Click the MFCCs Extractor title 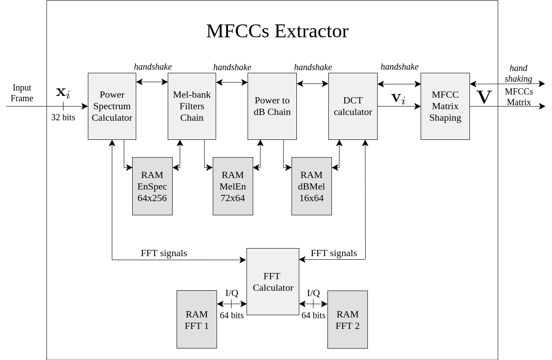click(277, 31)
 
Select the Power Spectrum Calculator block click(112, 106)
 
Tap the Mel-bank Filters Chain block click(192, 106)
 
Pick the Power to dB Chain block click(272, 106)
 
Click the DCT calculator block click(353, 106)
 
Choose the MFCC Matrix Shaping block click(445, 106)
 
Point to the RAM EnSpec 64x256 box click(152, 186)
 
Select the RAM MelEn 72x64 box click(233, 186)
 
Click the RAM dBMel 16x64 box click(311, 186)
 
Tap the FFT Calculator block click(273, 281)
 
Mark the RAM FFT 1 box click(197, 320)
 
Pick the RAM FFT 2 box click(347, 320)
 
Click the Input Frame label click(22, 93)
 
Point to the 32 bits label click(63, 117)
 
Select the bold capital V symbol click(484, 97)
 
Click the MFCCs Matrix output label click(519, 97)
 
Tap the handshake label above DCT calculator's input click(313, 67)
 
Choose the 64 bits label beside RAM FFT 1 click(232, 315)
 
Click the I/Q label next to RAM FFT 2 click(313, 293)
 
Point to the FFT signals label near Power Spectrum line click(164, 253)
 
